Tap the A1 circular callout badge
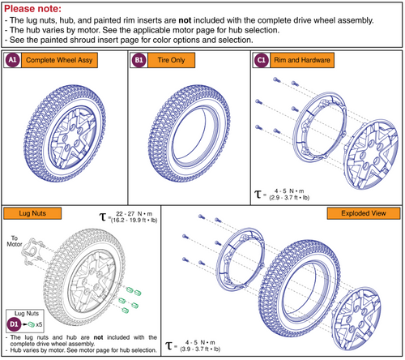(13, 60)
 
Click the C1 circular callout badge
(261, 60)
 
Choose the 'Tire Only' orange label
(175, 60)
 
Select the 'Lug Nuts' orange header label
(29, 213)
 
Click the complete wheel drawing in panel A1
(62, 133)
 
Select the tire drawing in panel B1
(187, 133)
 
